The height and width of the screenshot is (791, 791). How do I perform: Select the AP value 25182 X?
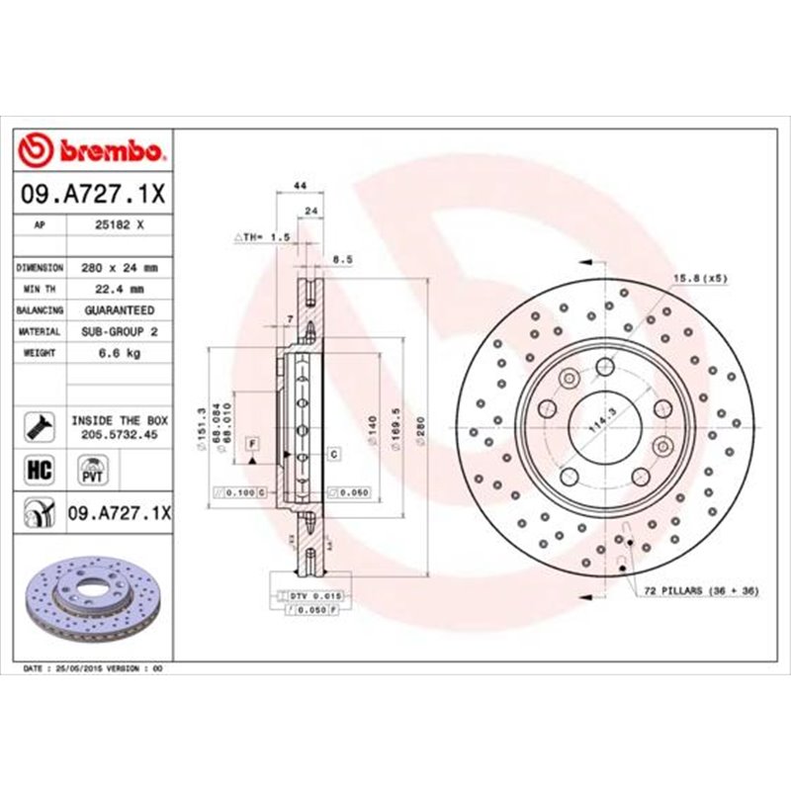(122, 225)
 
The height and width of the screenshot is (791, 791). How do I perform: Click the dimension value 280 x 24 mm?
(122, 268)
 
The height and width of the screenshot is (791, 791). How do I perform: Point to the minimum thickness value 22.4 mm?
(122, 290)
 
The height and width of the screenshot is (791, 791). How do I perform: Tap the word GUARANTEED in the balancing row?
(122, 310)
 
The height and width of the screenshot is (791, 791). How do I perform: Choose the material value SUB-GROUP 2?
(122, 332)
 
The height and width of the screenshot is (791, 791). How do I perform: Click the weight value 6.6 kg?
(122, 353)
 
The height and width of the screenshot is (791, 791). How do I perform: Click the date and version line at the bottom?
(92, 669)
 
